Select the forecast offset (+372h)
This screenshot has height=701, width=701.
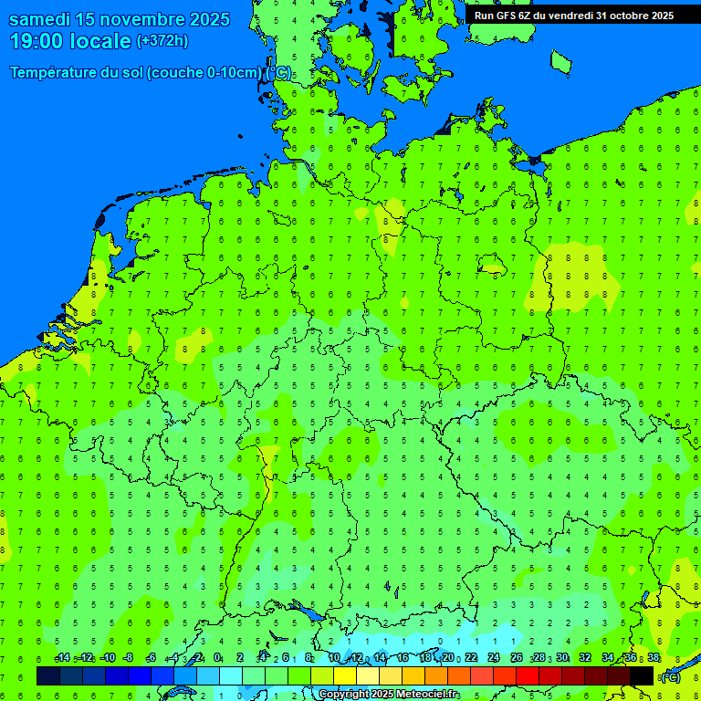coord(162,41)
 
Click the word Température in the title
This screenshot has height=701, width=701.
coord(55,73)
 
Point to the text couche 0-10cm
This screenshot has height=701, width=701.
coord(204,73)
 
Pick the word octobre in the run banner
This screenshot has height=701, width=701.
coord(623,15)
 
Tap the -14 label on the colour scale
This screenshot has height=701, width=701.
coord(62,657)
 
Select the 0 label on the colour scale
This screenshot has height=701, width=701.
coord(217,657)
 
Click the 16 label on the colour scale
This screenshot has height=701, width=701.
coord(403,657)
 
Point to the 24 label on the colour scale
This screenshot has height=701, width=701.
coord(494,657)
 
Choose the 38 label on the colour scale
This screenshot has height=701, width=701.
coord(654,657)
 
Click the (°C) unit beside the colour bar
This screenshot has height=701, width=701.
coord(671,676)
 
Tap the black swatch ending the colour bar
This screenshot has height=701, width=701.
coord(642,675)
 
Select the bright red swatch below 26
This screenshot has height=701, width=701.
coord(528,675)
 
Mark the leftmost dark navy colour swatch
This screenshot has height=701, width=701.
coord(48,675)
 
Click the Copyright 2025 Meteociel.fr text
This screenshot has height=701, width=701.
coord(389,695)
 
